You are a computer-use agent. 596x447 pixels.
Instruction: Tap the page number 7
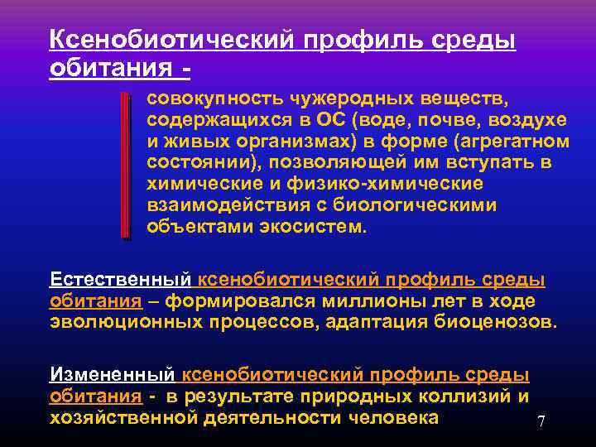pos(541,421)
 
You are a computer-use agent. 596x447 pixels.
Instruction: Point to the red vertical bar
pos(124,166)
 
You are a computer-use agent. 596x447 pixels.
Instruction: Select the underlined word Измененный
pos(113,375)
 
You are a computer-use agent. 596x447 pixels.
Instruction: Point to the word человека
pos(390,418)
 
